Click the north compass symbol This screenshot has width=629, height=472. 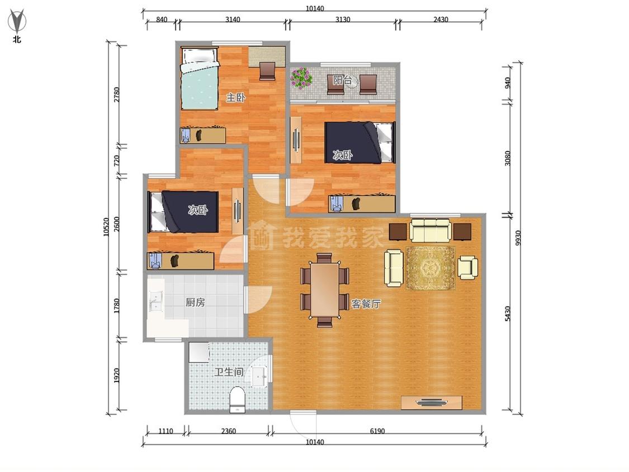(17, 22)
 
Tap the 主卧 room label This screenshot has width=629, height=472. (235, 97)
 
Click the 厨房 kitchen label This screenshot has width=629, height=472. (195, 302)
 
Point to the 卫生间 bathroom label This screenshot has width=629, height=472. (229, 372)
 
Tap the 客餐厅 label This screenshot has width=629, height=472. (366, 304)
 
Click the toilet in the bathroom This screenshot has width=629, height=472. (237, 400)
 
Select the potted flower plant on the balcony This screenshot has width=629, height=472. (301, 78)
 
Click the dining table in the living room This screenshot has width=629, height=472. (325, 290)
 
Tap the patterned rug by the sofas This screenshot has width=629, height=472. (431, 268)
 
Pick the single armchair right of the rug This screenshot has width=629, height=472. (468, 267)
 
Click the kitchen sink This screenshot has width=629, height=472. (155, 301)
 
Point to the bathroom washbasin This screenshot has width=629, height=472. (259, 376)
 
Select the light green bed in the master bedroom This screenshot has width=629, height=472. (200, 78)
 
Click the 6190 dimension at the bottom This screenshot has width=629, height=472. (377, 432)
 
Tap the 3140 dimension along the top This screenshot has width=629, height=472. (233, 19)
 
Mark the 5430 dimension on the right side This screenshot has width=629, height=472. (508, 314)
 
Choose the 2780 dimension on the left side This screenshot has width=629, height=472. (116, 95)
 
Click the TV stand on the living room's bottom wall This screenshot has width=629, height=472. (432, 403)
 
